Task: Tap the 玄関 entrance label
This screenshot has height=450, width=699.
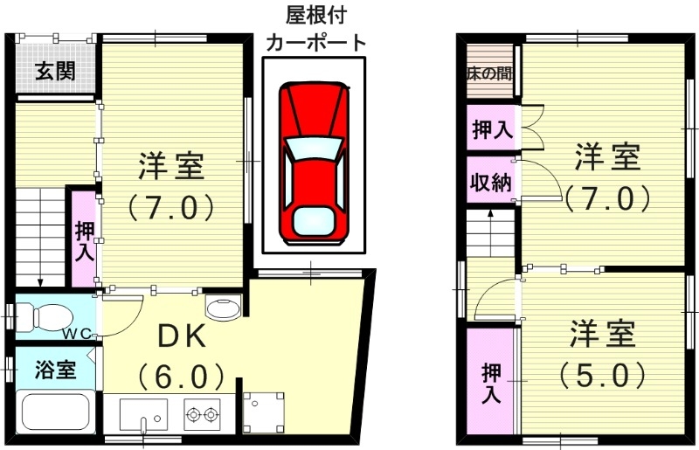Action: point(54,72)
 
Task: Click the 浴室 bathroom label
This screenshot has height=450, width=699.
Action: point(54,370)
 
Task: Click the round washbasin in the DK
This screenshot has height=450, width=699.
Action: point(220,308)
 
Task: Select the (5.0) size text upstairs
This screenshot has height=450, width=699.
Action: point(603,375)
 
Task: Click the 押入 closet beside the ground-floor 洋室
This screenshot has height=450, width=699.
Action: point(85,240)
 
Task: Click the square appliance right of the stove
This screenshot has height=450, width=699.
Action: point(263,412)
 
